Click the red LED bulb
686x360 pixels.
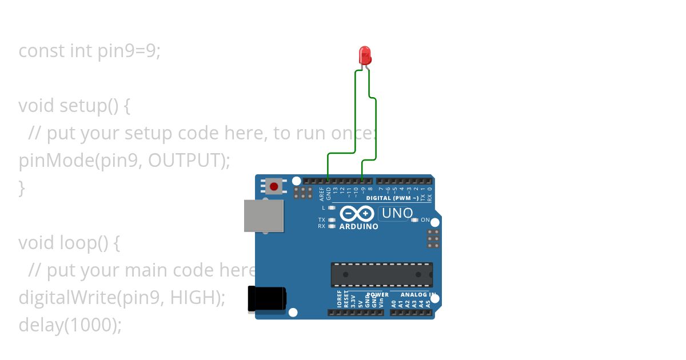[365, 55]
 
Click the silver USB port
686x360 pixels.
[264, 215]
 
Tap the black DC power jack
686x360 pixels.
[266, 299]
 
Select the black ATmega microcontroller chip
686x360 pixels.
[381, 275]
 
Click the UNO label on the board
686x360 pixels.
[397, 214]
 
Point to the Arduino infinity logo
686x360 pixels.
[358, 214]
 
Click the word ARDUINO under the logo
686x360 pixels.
[358, 226]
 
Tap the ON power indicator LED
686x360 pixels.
[415, 220]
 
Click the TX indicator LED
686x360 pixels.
[332, 220]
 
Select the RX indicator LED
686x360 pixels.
[332, 226]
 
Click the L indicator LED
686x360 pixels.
[332, 208]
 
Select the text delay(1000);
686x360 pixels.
[70, 325]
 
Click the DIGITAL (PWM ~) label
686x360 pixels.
[392, 198]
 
